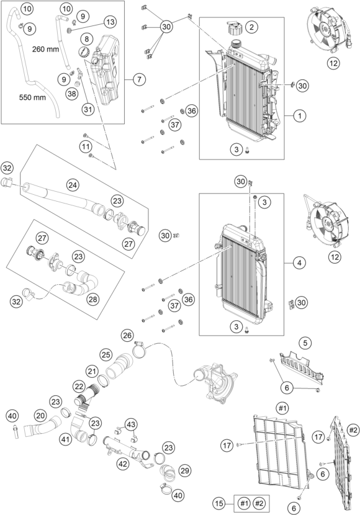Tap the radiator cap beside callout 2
(x=235, y=29)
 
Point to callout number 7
(x=138, y=79)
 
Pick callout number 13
(x=110, y=22)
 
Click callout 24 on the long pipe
(x=73, y=186)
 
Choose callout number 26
(x=127, y=336)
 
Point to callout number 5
(x=305, y=342)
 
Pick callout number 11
(x=86, y=145)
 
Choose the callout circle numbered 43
(x=131, y=424)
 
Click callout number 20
(x=40, y=415)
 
